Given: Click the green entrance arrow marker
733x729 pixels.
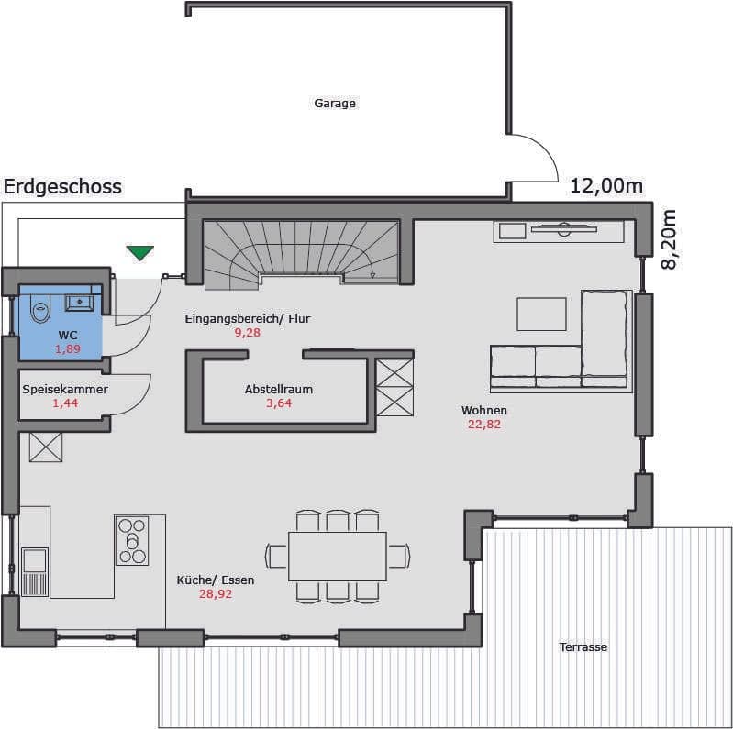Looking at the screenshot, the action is click(x=139, y=252).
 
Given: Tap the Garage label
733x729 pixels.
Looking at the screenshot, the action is click(x=335, y=104).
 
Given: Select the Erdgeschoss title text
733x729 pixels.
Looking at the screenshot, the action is click(x=62, y=187).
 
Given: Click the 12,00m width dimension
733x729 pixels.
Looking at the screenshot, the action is click(x=606, y=186).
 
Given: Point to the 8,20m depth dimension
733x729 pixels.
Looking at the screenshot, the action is click(x=669, y=239).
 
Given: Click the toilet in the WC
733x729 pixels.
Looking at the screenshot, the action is click(x=39, y=308).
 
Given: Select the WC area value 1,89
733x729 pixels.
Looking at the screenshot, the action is click(x=68, y=348).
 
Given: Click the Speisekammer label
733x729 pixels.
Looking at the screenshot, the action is click(x=65, y=390).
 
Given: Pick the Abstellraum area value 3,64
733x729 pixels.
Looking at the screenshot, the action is click(x=279, y=403).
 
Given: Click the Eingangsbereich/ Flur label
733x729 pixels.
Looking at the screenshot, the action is click(x=248, y=319).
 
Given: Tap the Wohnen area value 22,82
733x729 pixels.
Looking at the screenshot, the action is click(x=484, y=425).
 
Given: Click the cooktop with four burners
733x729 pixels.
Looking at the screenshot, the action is click(x=132, y=541).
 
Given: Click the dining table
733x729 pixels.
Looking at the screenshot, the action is click(x=338, y=556).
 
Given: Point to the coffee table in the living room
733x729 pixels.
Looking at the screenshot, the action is click(x=541, y=314).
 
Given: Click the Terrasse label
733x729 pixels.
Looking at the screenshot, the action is click(x=583, y=647).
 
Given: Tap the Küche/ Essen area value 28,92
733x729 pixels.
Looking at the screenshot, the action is click(x=216, y=594).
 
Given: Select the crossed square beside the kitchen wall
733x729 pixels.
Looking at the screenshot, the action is click(x=46, y=447).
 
